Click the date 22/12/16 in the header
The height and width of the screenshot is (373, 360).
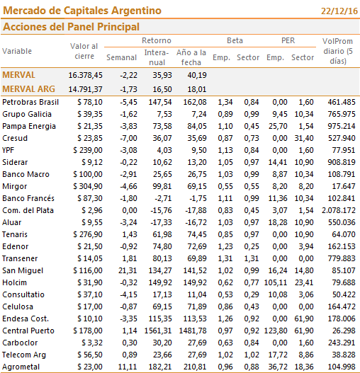click(x=339, y=11)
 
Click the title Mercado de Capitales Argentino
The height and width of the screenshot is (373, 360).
click(x=82, y=11)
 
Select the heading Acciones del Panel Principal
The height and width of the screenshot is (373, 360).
click(x=71, y=27)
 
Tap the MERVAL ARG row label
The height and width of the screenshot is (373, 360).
click(x=28, y=89)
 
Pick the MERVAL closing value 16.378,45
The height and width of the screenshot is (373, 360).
click(x=85, y=75)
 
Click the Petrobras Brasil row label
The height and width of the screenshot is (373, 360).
click(x=30, y=102)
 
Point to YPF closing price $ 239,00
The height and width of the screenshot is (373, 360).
click(x=88, y=150)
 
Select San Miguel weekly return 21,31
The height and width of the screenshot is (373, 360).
click(x=128, y=270)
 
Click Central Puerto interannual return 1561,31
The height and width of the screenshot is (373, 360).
click(x=158, y=331)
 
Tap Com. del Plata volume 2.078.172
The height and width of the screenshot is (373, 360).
click(x=339, y=210)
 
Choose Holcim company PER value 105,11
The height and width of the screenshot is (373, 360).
click(x=276, y=282)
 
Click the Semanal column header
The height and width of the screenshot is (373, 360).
click(x=121, y=57)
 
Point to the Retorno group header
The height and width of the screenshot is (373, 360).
click(x=157, y=40)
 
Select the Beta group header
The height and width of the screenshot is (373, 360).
click(x=235, y=40)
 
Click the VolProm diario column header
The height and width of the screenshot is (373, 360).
click(x=338, y=51)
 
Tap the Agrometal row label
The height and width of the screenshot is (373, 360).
click(x=21, y=367)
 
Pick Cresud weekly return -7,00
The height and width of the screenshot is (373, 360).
click(x=129, y=138)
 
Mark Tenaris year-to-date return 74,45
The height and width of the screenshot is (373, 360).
click(x=197, y=234)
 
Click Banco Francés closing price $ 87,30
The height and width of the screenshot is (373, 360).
click(x=90, y=198)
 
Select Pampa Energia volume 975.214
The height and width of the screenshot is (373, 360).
click(x=342, y=126)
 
